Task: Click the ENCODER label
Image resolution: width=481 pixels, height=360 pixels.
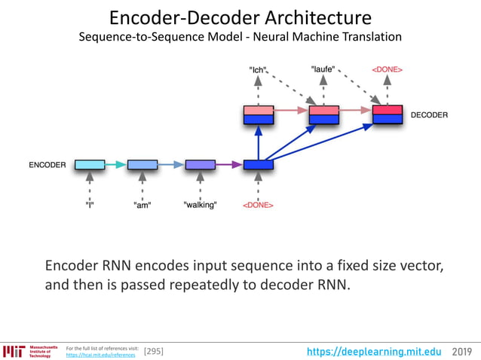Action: pos(47,164)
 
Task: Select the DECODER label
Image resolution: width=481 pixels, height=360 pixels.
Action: pos(429,115)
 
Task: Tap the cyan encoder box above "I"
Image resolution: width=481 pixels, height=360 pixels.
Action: pos(89,164)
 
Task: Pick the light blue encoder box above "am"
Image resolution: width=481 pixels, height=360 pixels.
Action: pos(142,164)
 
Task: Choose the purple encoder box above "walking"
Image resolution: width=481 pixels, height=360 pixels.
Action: pos(200,164)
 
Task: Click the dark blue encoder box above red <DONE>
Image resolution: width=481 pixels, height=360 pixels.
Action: pos(258,164)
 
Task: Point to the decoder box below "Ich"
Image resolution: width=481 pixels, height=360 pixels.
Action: pos(258,114)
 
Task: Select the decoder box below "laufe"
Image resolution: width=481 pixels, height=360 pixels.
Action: pos(323,114)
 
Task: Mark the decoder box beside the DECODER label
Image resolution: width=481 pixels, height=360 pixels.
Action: pos(388,114)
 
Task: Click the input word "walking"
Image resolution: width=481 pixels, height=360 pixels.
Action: pos(200,205)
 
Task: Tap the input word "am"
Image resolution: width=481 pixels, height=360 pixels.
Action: pos(142,205)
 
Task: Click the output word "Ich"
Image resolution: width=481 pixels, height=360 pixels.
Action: pos(259,70)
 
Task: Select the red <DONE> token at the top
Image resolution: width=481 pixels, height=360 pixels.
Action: pos(387,70)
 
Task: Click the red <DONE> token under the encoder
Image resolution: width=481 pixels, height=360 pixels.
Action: pos(258,205)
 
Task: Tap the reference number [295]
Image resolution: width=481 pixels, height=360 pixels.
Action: pos(153,351)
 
